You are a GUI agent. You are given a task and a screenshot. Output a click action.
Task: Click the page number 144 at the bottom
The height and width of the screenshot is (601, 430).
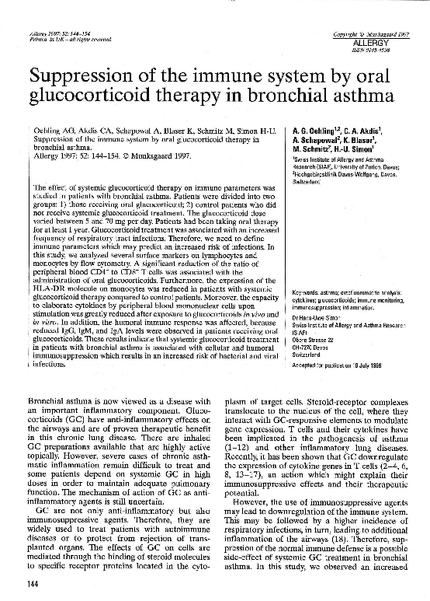click(33, 584)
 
